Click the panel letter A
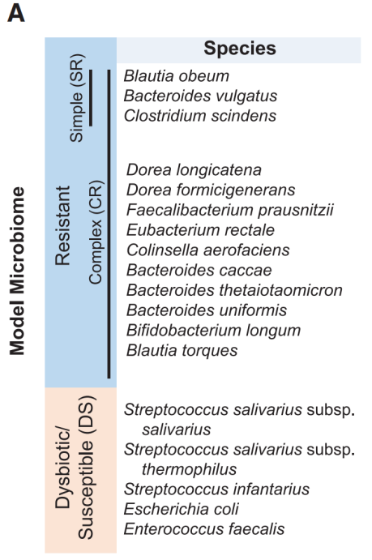pyautogui.click(x=16, y=14)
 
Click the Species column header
pyautogui.click(x=240, y=48)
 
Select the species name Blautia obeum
pyautogui.click(x=177, y=76)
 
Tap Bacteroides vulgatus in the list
pyautogui.click(x=201, y=96)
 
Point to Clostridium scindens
pyautogui.click(x=200, y=116)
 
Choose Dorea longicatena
pyautogui.click(x=194, y=170)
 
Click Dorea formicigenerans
pyautogui.click(x=211, y=190)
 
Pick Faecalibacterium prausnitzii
pyautogui.click(x=230, y=210)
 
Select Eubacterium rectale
pyautogui.click(x=201, y=230)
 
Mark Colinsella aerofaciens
pyautogui.click(x=208, y=250)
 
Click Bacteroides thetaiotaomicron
pyautogui.click(x=234, y=290)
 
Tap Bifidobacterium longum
pyautogui.click(x=213, y=331)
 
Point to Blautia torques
pyautogui.click(x=182, y=350)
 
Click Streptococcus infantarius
pyautogui.click(x=216, y=489)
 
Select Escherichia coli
pyautogui.click(x=182, y=509)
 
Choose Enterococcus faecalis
pyautogui.click(x=204, y=529)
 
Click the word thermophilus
pyautogui.click(x=189, y=469)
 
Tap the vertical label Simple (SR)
pyautogui.click(x=76, y=98)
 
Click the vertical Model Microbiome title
pyautogui.click(x=17, y=271)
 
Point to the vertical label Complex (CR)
pyautogui.click(x=96, y=232)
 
